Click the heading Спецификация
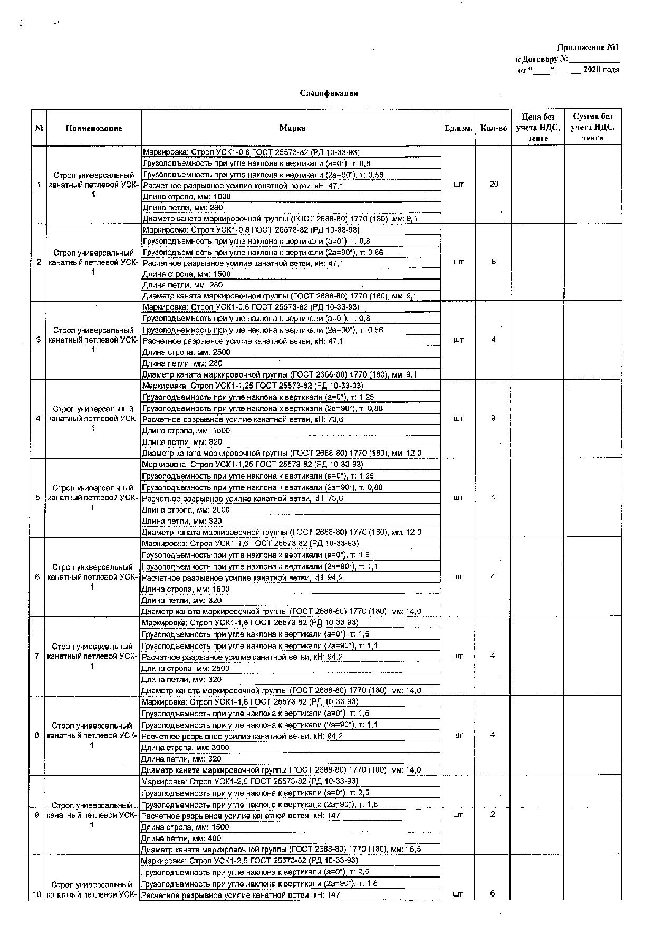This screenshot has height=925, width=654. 329,93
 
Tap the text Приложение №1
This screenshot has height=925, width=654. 588,47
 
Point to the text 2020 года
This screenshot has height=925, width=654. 601,70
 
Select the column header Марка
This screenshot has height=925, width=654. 292,128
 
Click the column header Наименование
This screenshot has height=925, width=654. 94,128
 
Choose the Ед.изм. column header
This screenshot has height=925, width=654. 458,128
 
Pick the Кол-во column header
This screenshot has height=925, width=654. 493,128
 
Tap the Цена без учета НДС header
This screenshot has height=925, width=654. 537,127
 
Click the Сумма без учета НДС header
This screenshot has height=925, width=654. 592,127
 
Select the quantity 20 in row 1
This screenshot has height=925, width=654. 494,184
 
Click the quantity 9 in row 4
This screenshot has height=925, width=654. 493,418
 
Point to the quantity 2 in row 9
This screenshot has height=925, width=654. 493,814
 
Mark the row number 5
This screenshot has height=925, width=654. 38,497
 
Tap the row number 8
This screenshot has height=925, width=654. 37,735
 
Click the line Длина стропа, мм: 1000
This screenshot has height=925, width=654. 187,197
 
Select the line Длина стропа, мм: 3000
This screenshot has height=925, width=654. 185,748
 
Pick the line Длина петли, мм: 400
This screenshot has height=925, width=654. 181,839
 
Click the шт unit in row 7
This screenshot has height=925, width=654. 458,656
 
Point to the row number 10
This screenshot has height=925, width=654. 37,894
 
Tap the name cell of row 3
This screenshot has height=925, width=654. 93,340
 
